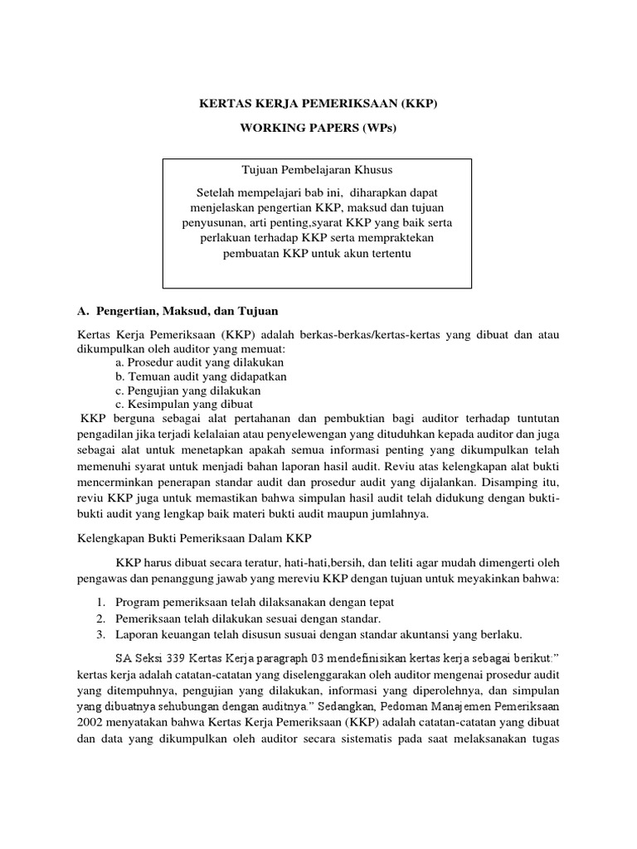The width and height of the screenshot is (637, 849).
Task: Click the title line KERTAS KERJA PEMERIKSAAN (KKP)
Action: click(x=318, y=106)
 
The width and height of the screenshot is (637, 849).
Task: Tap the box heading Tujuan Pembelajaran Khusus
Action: click(x=318, y=170)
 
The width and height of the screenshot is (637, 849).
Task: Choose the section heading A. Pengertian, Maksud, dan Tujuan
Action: click(x=177, y=311)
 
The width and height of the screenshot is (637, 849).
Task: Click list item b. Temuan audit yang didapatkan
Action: click(x=201, y=376)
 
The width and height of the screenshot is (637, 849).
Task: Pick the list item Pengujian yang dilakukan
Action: click(x=195, y=389)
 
